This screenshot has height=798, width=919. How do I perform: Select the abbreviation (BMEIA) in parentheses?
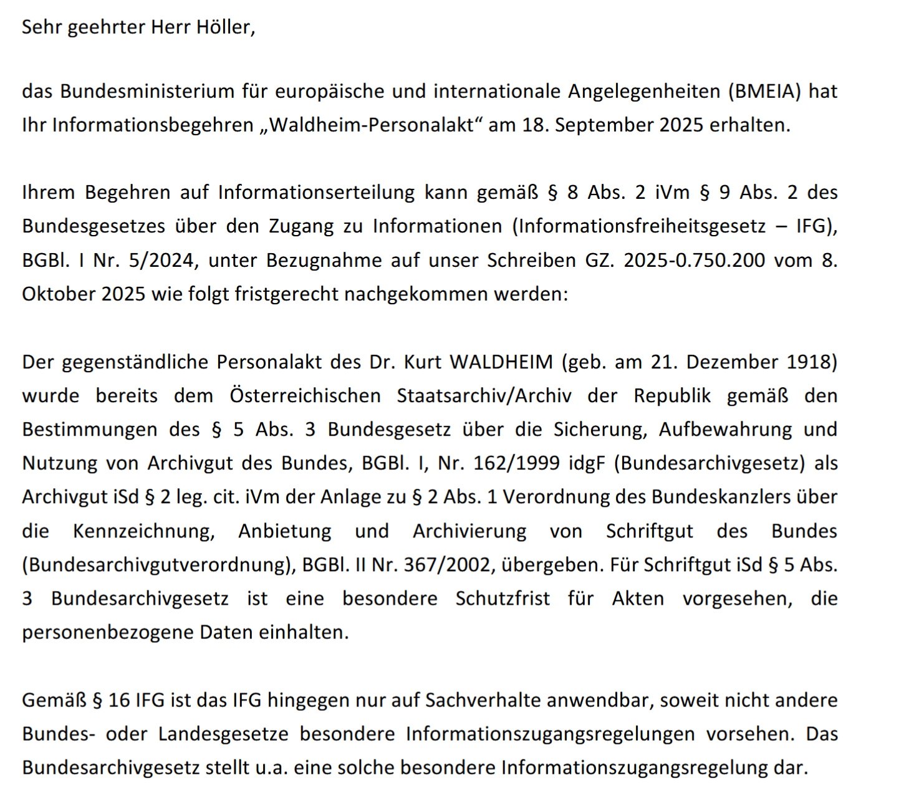(764, 92)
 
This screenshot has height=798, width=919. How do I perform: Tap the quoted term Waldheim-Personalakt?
(372, 125)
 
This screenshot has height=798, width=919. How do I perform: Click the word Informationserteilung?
(316, 193)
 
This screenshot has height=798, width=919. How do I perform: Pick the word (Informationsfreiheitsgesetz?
(638, 226)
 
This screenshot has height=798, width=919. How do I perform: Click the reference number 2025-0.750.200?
(694, 260)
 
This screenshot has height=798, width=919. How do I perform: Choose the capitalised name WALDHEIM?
(501, 362)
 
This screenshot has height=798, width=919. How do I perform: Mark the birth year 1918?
(812, 362)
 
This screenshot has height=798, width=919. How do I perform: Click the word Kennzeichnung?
(143, 531)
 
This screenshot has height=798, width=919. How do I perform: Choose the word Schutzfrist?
(503, 598)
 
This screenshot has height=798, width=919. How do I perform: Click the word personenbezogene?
(107, 632)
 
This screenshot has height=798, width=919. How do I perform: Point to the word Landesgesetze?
(223, 734)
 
